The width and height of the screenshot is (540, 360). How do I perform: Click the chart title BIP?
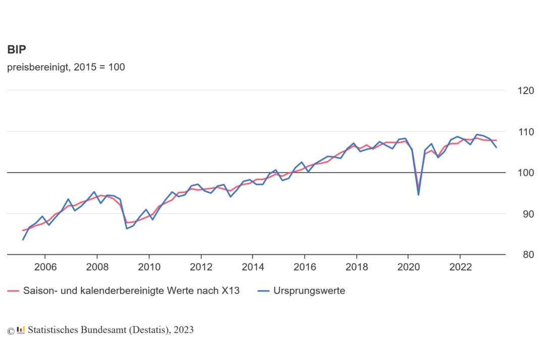coord(17,49)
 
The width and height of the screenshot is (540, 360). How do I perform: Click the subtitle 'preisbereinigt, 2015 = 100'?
coord(66,67)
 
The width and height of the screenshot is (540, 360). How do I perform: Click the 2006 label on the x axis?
coord(45,267)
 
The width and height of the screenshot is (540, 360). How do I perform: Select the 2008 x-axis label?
coord(97,267)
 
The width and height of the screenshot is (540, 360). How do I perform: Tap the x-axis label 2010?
coord(149,267)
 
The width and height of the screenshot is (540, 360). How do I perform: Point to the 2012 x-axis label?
coord(201,267)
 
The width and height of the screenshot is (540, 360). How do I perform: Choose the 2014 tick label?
coord(253,267)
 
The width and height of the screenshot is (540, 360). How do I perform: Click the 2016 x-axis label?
coord(305,267)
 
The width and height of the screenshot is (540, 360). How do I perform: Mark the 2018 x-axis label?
coord(357,267)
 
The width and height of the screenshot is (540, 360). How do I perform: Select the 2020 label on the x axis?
coord(409,267)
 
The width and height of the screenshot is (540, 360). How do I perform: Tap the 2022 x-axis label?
coord(461,267)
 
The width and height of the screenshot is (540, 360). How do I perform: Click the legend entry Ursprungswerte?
coord(309,291)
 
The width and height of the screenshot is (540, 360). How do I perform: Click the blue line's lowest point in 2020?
coord(418,194)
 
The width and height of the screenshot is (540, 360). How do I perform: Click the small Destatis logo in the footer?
coord(21,330)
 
